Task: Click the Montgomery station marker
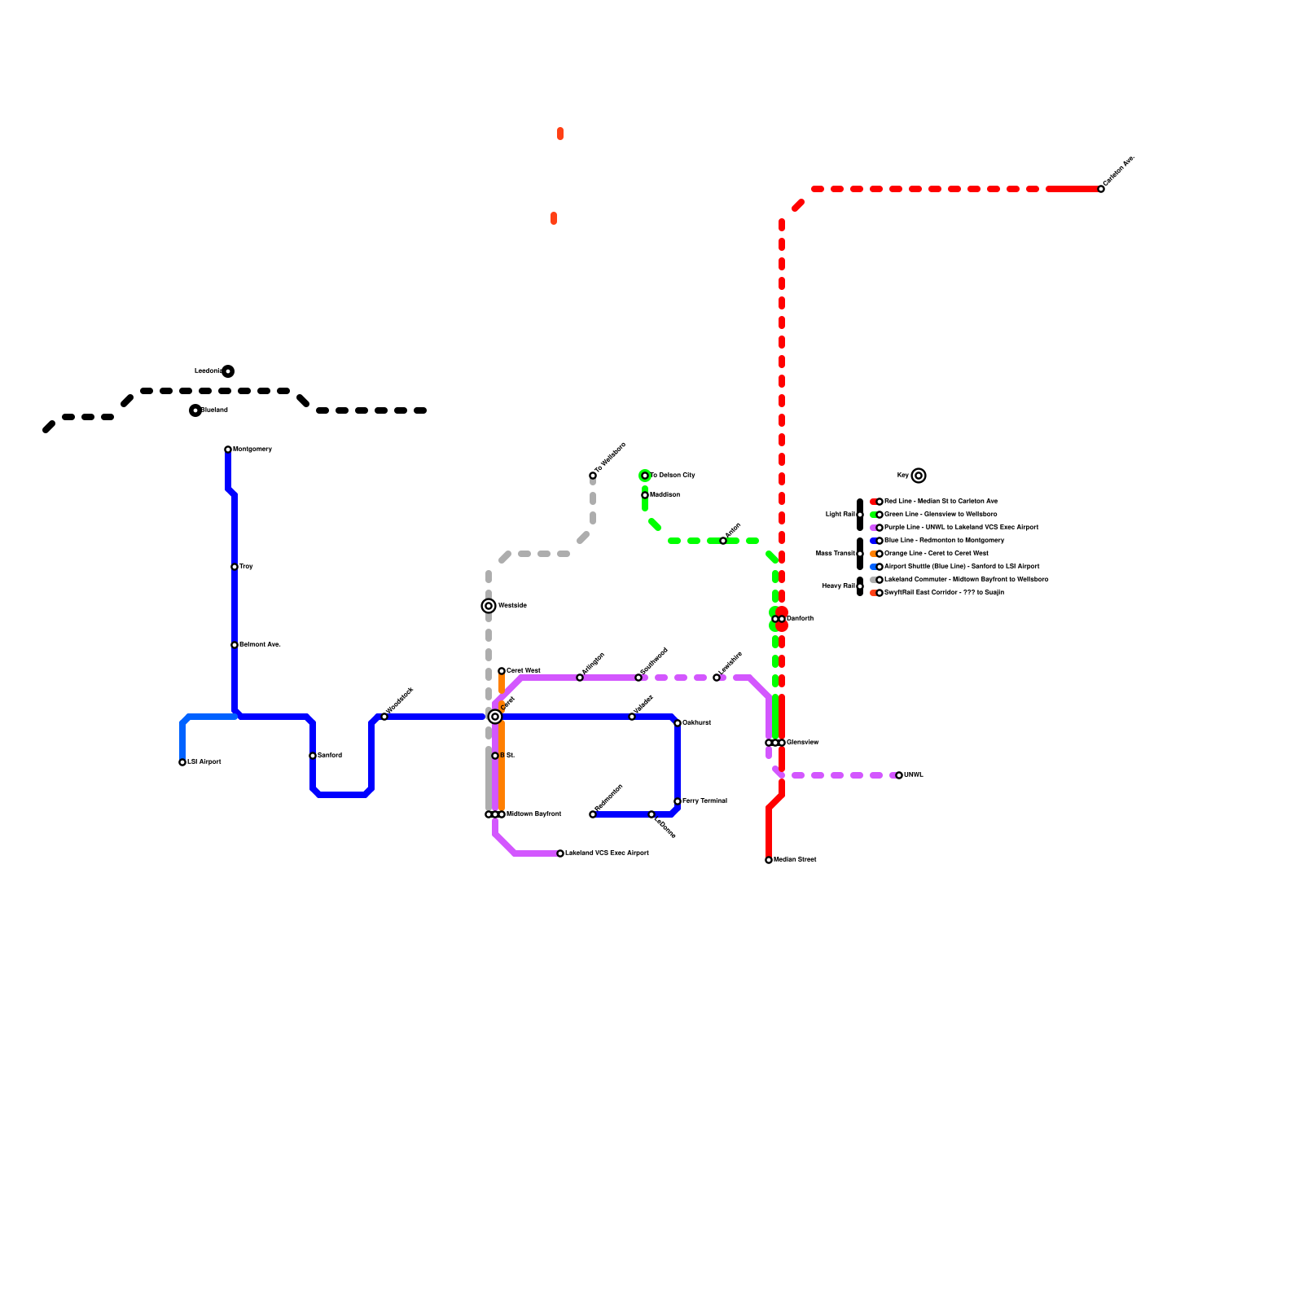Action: [228, 450]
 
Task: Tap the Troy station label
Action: [246, 567]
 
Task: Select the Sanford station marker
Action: [313, 756]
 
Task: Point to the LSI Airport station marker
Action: [182, 762]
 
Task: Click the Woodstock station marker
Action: [384, 717]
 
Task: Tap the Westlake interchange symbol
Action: [489, 606]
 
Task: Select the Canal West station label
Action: [523, 671]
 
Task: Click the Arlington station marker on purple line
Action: [580, 678]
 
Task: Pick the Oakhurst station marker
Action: [678, 723]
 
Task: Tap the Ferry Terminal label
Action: [704, 801]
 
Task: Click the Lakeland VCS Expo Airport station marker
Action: [560, 853]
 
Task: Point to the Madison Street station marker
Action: [769, 860]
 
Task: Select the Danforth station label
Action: [800, 619]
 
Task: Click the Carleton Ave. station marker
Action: [1101, 189]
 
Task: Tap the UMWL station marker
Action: [899, 775]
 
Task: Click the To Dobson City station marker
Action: [645, 476]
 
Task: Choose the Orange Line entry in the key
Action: [936, 554]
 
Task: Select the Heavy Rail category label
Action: [838, 586]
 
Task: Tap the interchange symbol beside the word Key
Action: [919, 476]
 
